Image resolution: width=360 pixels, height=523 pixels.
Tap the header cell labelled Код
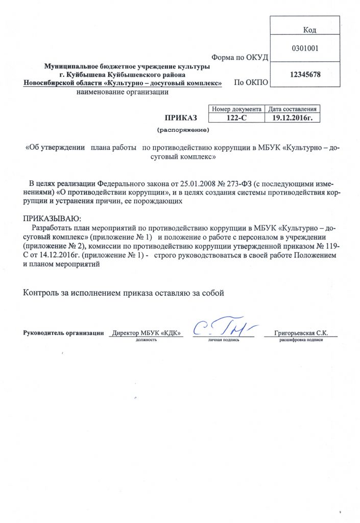(x=309, y=31)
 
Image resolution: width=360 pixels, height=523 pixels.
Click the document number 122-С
(x=237, y=117)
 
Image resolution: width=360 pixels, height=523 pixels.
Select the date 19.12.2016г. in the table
(x=293, y=117)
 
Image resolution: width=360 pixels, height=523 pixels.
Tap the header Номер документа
(x=237, y=109)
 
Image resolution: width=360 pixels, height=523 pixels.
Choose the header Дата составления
(x=293, y=109)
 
